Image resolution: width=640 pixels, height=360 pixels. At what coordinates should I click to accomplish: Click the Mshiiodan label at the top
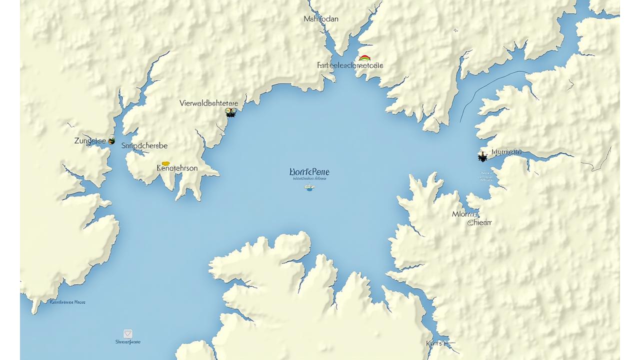[x=321, y=19]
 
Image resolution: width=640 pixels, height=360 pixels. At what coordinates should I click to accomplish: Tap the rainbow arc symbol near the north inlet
[x=364, y=58]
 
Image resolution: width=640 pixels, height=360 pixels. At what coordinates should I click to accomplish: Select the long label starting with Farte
[x=350, y=65]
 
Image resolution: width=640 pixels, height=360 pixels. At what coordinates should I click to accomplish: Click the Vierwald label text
[x=208, y=103]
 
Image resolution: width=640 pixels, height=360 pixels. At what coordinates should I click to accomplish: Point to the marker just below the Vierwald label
[x=230, y=112]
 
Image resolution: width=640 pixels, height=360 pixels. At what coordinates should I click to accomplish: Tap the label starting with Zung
[x=90, y=141]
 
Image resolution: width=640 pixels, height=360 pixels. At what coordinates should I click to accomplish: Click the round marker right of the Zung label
[x=111, y=140]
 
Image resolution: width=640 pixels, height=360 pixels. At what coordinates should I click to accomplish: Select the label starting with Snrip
[x=144, y=145]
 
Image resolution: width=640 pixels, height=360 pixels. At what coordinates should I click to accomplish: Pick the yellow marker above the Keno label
[x=165, y=163]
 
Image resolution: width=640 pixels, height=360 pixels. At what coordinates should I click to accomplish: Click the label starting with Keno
[x=177, y=168]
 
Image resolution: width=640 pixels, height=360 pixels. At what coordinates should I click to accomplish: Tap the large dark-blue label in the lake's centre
[x=309, y=172]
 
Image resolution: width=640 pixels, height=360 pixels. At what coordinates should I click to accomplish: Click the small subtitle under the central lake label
[x=310, y=178]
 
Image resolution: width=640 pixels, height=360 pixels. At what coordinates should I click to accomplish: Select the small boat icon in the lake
[x=309, y=188]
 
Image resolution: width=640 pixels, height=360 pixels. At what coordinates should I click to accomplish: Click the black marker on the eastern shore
[x=482, y=157]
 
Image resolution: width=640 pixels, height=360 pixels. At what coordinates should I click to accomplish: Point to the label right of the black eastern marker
[x=506, y=152]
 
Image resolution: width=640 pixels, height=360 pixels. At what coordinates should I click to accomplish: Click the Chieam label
[x=479, y=222]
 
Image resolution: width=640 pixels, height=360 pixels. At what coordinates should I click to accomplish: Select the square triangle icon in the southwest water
[x=128, y=333]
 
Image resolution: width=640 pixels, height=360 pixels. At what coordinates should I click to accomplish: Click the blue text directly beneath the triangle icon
[x=128, y=342]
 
